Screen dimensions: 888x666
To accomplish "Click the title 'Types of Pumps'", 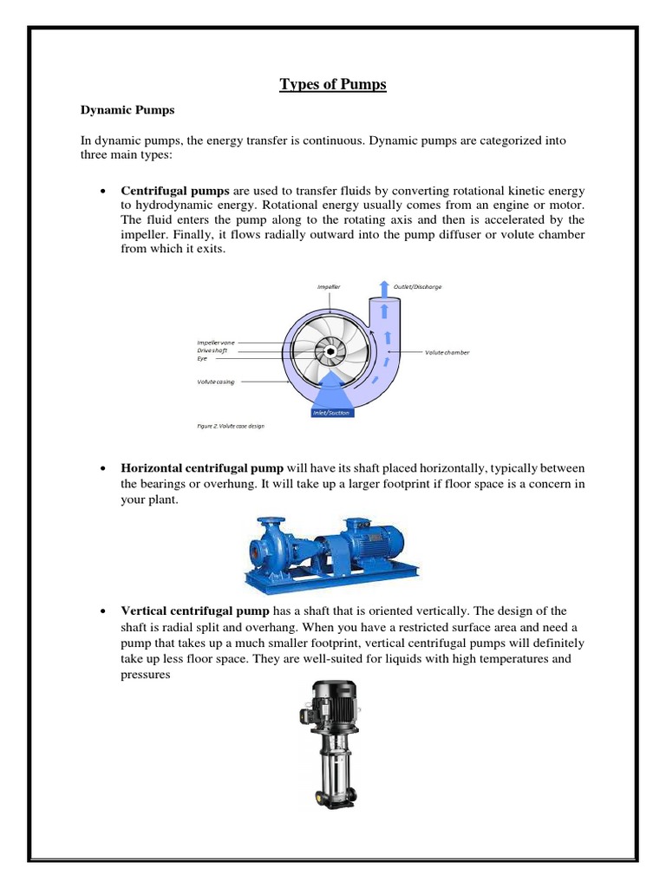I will tap(332, 84).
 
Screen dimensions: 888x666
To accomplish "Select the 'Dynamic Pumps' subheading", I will tap(127, 111).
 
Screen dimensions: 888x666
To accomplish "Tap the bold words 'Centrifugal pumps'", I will tap(175, 189).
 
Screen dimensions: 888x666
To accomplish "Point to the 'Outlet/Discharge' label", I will tap(418, 285).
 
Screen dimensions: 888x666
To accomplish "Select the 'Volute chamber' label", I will tap(447, 352).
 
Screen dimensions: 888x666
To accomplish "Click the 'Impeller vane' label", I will tap(216, 343).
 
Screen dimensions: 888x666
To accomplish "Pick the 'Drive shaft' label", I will tap(212, 350).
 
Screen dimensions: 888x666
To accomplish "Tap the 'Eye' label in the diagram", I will tap(202, 357).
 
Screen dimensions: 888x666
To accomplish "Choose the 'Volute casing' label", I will tap(215, 381).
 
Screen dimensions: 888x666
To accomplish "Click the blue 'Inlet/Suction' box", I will tap(331, 413).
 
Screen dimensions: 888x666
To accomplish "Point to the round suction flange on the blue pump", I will tap(257, 549).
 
